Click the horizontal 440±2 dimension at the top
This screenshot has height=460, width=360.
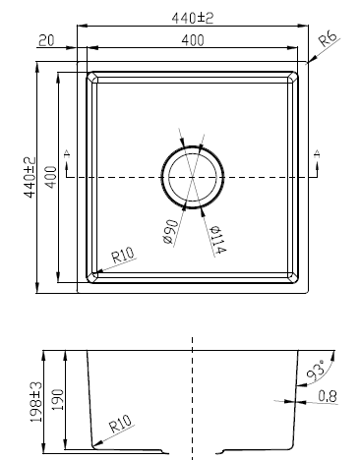click(193, 19)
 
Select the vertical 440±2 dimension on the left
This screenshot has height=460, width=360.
click(30, 177)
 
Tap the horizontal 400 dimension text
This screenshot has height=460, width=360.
click(193, 40)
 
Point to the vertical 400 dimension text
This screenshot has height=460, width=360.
click(51, 177)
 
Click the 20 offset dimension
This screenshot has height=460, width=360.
click(46, 40)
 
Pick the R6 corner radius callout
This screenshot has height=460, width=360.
click(328, 39)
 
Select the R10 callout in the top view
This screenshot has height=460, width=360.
click(123, 256)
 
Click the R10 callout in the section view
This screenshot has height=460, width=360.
click(120, 424)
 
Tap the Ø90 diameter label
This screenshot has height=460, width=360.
click(171, 232)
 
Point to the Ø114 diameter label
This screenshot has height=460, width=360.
click(217, 240)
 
